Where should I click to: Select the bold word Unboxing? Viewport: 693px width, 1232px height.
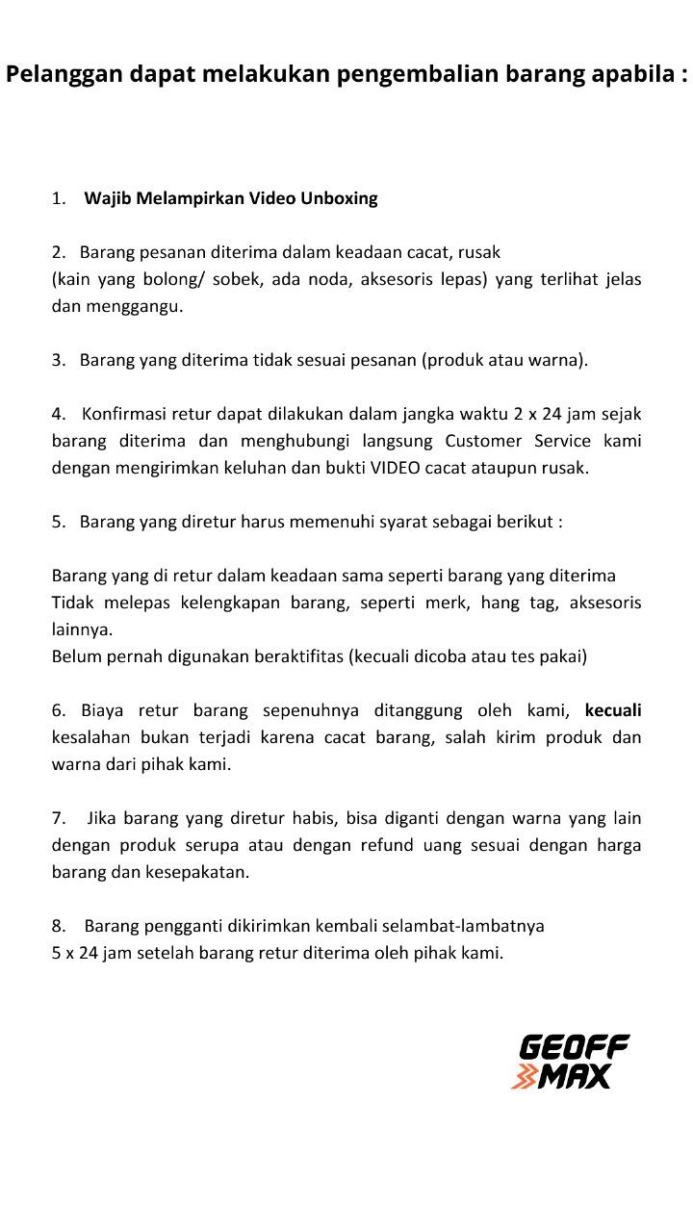pyautogui.click(x=339, y=198)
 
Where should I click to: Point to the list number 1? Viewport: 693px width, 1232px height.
pyautogui.click(x=59, y=198)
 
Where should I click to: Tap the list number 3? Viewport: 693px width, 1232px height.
pyautogui.click(x=59, y=360)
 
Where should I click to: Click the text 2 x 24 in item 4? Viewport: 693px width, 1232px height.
pyautogui.click(x=537, y=414)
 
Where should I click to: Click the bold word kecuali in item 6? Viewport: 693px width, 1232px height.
pyautogui.click(x=613, y=710)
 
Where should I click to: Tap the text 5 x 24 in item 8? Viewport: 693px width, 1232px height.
pyautogui.click(x=76, y=953)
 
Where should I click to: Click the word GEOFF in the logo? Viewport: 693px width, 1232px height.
pyautogui.click(x=574, y=1047)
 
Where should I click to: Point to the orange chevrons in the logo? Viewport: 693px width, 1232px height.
pyautogui.click(x=525, y=1077)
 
